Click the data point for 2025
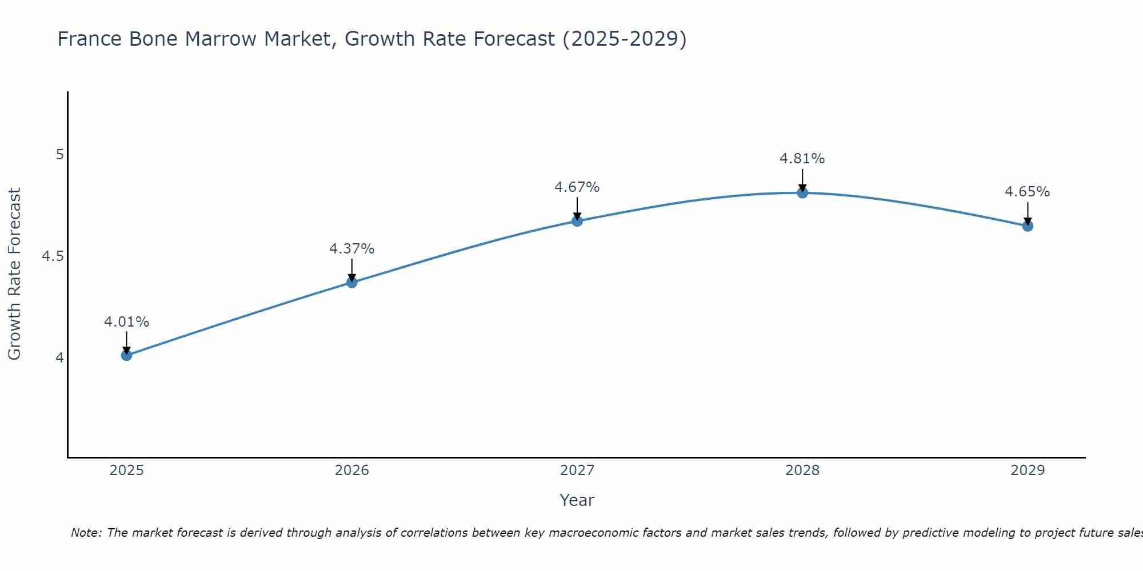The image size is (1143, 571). [126, 355]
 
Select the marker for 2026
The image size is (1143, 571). [351, 282]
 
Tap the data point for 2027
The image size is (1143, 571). [577, 221]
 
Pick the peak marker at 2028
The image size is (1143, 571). [802, 193]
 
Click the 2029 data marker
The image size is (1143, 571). [1028, 226]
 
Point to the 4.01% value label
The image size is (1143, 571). [126, 322]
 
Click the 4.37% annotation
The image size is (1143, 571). [351, 249]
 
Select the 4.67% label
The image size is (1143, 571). [577, 187]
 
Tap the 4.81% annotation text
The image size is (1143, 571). [802, 159]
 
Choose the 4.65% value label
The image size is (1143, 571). [1028, 192]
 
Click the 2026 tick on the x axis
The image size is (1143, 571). [351, 471]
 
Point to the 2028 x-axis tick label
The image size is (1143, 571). [802, 471]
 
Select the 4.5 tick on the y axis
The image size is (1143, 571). [53, 256]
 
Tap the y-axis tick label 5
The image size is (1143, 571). [59, 155]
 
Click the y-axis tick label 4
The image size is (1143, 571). [59, 358]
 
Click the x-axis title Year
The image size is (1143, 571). [577, 500]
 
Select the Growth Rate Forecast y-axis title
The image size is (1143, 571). [14, 274]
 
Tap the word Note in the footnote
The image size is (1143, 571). [86, 533]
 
